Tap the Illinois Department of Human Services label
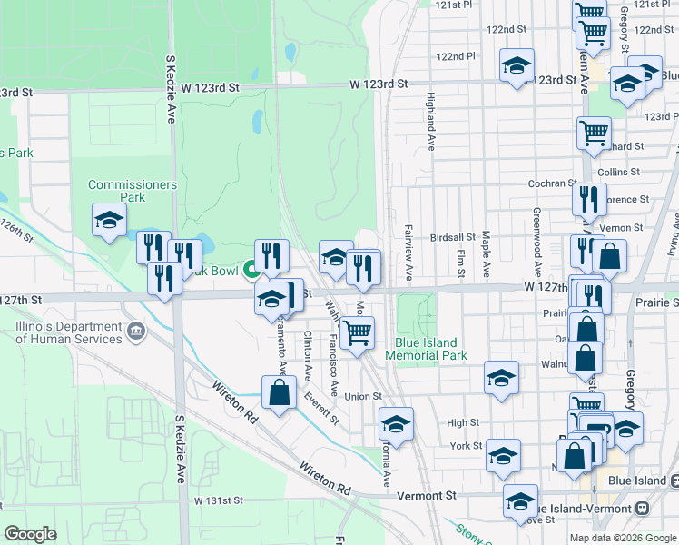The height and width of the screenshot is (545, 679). [x=69, y=332]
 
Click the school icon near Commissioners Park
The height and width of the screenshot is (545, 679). [x=109, y=221]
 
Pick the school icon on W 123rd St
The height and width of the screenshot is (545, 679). [x=517, y=66]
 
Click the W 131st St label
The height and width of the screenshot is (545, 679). [x=219, y=500]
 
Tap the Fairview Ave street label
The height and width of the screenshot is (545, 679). [x=409, y=252]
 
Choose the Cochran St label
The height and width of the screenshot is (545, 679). [x=547, y=183]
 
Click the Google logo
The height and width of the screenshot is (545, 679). [x=30, y=534]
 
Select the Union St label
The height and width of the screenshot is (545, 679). [x=363, y=396]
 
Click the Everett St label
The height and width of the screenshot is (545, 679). [x=322, y=408]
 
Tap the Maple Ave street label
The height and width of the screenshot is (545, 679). [x=487, y=253]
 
